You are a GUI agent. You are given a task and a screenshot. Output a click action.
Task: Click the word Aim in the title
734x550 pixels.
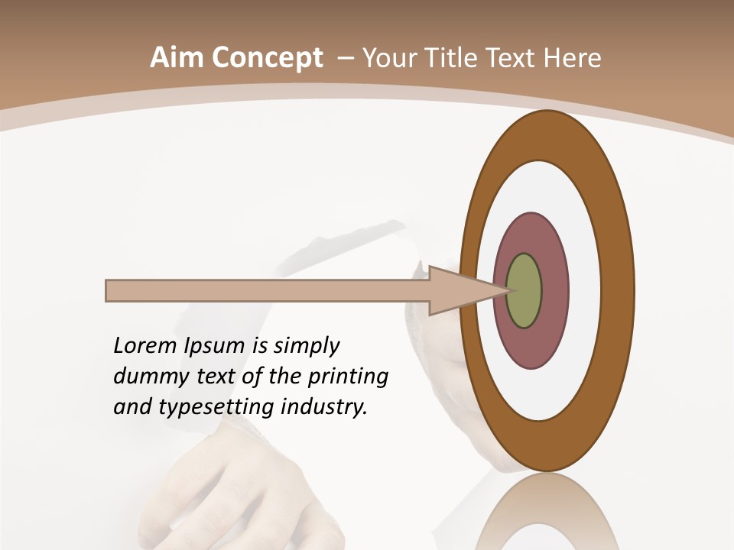(x=176, y=58)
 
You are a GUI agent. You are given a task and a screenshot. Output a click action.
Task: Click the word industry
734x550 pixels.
(x=324, y=407)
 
